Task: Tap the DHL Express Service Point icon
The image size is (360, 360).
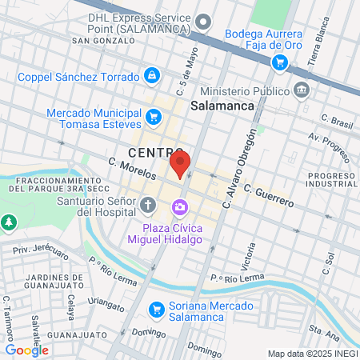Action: pos(203,22)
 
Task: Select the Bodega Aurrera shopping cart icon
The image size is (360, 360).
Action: pos(278,62)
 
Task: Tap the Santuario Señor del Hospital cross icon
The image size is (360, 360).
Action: pos(148,206)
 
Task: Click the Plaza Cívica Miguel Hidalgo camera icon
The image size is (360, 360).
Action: pos(180,209)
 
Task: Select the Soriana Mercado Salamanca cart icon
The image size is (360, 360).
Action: pos(157,308)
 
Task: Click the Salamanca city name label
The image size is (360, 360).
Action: pos(222,106)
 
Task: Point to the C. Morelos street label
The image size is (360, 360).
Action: pos(132,170)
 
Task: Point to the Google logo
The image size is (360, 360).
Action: pos(26,350)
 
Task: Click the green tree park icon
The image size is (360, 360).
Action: pos(9,221)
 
